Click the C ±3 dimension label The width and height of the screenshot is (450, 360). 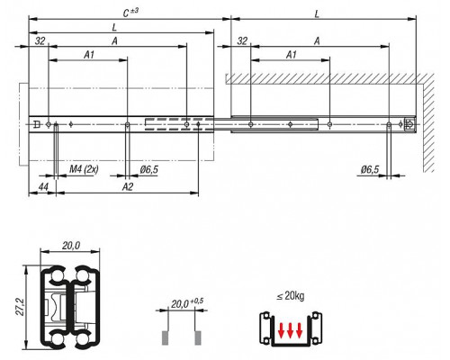130,13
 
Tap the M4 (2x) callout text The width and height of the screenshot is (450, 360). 84,169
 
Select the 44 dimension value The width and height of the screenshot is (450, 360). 43,187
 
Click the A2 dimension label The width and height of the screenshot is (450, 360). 128,187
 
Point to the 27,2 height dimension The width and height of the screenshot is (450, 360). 20,306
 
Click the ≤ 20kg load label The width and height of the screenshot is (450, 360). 290,296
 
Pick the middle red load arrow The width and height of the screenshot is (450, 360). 290,330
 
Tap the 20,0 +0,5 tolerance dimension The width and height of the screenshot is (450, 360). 186,303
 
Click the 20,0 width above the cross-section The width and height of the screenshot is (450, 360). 71,246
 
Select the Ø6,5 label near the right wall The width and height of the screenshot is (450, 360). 370,170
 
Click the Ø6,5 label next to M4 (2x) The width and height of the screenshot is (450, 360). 148,169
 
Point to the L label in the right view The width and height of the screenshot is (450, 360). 317,14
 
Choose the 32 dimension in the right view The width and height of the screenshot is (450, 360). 242,40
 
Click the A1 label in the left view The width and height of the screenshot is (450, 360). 89,55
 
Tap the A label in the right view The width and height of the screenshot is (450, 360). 317,40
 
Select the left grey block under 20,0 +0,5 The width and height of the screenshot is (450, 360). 165,338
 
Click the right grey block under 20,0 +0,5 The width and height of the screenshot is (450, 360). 198,338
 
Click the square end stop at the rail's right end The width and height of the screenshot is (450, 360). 409,124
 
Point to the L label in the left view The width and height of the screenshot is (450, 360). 114,28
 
